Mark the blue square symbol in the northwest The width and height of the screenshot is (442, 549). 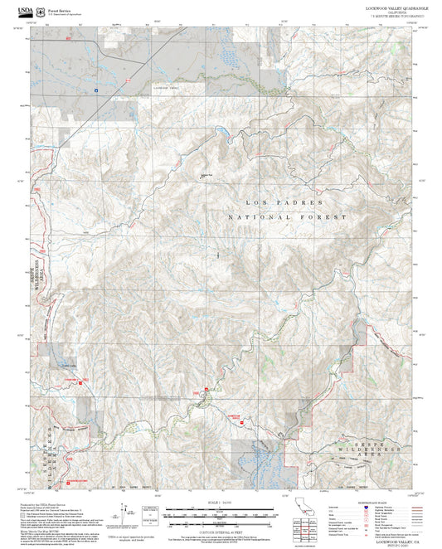click(x=96, y=90)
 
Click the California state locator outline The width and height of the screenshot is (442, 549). click(x=304, y=508)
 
